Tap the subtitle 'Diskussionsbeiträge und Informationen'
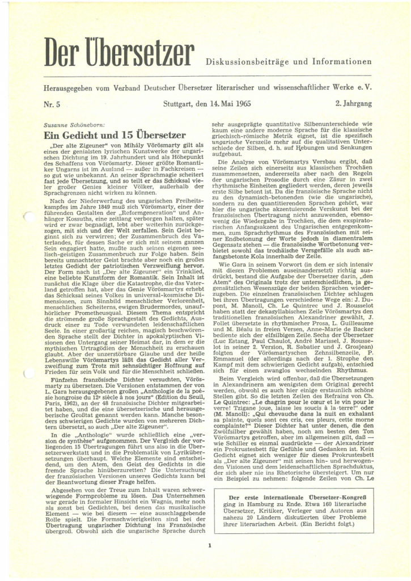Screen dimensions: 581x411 pos(288,61)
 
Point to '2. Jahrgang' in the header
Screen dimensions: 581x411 pos(353,104)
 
